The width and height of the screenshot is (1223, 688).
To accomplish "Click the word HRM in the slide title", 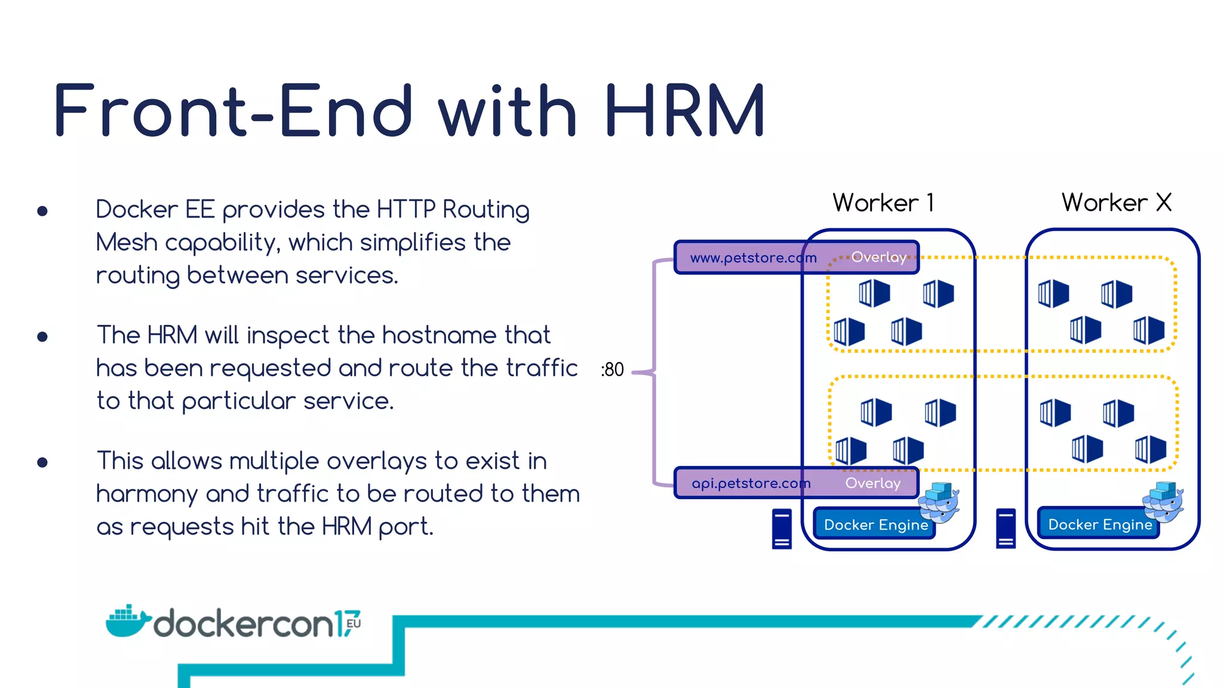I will point(684,111).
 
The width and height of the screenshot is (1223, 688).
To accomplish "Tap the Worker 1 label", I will point(883,203).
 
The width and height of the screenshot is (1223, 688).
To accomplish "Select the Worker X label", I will point(1116,203).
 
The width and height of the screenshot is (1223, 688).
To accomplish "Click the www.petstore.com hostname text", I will point(753,258).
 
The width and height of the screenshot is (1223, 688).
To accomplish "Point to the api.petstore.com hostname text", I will point(751,483).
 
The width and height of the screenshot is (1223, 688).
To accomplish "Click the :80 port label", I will point(612,370).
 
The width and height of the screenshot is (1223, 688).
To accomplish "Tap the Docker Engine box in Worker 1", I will point(875,525).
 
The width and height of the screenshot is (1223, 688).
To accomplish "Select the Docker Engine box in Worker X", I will point(1099,524).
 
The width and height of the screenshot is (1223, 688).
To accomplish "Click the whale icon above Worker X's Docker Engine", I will point(1163,502).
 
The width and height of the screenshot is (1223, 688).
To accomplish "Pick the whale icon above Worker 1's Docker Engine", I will point(939,502).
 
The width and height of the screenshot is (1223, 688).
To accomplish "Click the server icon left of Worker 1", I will point(782,529).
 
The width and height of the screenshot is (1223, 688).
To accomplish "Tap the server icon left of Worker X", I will point(1006,528).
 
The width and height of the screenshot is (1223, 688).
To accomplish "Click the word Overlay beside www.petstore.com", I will point(878,257).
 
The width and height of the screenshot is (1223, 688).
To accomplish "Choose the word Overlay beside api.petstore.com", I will point(872,483).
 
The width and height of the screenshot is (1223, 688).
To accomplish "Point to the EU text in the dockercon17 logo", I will point(353,623).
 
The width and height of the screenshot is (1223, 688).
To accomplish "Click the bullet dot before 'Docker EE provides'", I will point(42,211).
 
